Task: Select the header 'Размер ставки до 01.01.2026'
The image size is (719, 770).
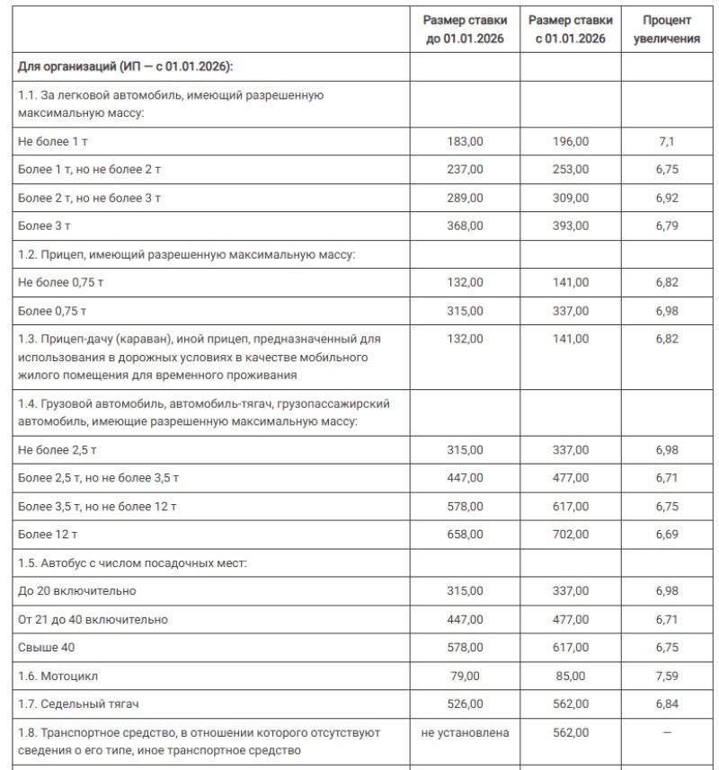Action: (465, 29)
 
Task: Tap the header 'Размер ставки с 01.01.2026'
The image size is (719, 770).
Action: (571, 29)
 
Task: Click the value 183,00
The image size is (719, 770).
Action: (465, 141)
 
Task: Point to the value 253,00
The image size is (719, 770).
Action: (571, 169)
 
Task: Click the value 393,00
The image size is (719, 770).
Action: (571, 226)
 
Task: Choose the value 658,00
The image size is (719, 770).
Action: (465, 535)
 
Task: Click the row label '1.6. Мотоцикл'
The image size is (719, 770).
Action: (58, 676)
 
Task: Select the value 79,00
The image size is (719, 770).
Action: (465, 676)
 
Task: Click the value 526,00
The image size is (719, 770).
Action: (465, 704)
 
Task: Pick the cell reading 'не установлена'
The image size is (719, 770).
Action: (465, 733)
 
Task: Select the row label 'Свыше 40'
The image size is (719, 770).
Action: (44, 648)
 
